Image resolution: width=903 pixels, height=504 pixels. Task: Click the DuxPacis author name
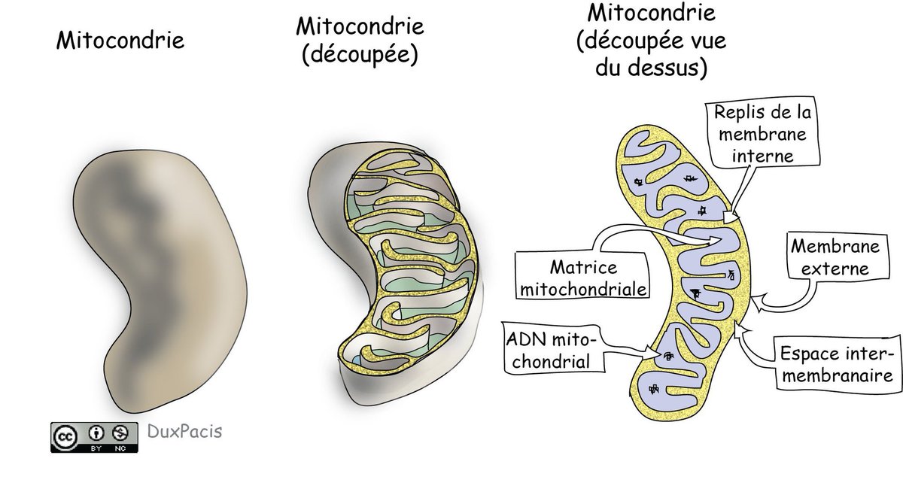[180, 432]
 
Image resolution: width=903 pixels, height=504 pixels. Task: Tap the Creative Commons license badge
[94, 437]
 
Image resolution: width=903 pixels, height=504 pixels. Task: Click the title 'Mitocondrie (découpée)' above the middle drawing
[360, 41]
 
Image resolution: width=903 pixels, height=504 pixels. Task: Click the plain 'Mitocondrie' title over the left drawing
[120, 39]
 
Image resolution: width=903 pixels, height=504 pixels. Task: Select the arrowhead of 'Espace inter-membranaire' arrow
[742, 327]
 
